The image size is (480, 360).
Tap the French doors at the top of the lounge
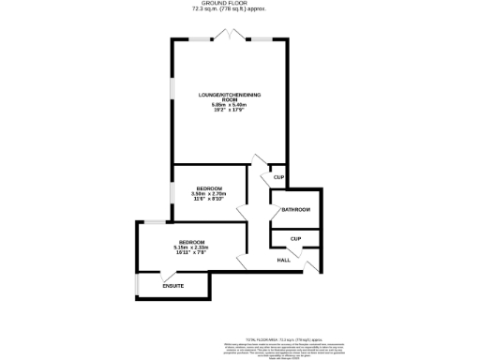click(x=230, y=36)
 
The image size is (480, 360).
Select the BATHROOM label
click(x=295, y=209)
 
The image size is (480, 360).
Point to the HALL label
click(x=283, y=260)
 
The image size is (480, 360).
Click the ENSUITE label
click(x=172, y=285)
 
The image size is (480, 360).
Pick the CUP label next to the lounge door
click(x=277, y=178)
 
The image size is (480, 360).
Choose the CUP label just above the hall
click(x=295, y=238)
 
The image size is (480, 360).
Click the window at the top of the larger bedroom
click(x=146, y=222)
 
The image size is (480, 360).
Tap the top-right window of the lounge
click(x=262, y=38)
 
